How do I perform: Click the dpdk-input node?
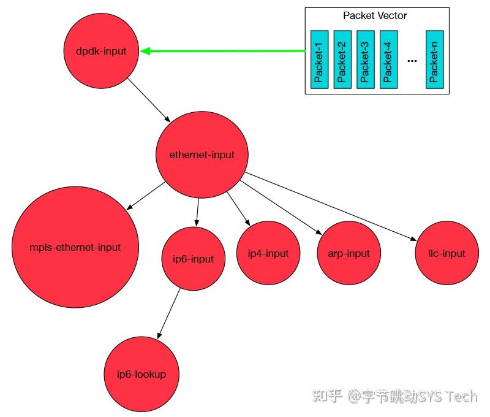click(101, 52)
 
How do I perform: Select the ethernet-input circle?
click(202, 155)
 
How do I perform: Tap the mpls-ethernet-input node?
click(75, 248)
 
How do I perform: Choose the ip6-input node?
click(193, 259)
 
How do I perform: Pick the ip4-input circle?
click(268, 253)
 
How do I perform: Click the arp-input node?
click(349, 253)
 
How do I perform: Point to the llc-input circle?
click(447, 253)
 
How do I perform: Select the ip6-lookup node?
click(141, 374)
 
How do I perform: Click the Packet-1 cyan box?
click(319, 59)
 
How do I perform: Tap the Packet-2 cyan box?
click(342, 59)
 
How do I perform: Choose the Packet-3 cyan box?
click(366, 59)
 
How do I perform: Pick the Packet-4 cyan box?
click(388, 59)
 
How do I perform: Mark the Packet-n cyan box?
click(434, 59)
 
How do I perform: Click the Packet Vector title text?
click(375, 16)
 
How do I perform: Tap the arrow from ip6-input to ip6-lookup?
click(169, 313)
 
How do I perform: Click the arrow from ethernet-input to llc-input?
click(331, 205)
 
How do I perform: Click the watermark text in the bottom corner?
click(394, 397)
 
